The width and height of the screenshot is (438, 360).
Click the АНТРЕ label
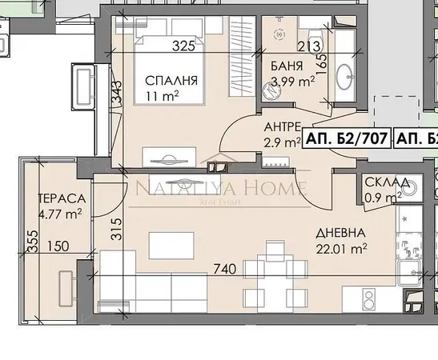(283, 128)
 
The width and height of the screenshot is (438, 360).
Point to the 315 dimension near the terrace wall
(115, 230)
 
